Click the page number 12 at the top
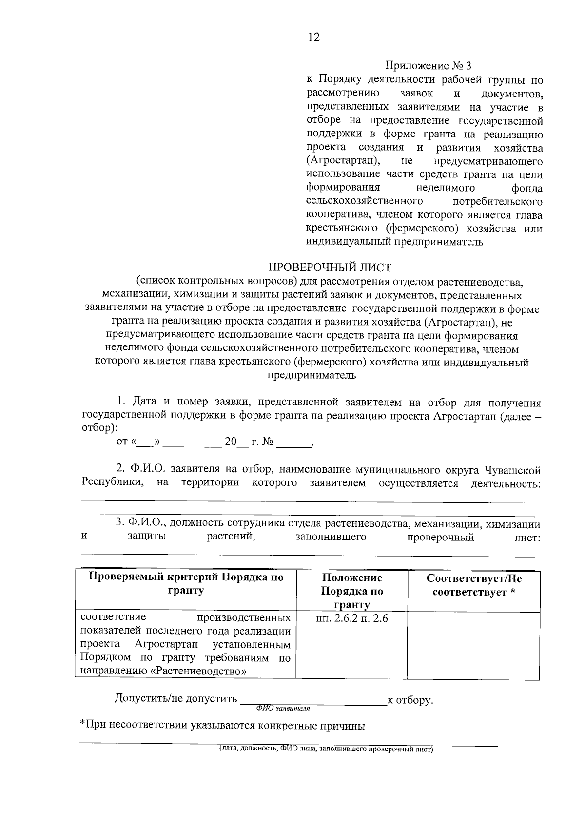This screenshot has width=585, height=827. tap(313, 38)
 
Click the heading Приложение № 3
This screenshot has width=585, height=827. tap(429, 66)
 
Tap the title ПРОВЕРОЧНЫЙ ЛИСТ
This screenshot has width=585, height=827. tap(330, 267)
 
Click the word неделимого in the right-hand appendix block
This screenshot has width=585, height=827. tap(446, 188)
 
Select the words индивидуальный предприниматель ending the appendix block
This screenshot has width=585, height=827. tap(394, 242)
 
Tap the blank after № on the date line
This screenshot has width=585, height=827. tap(294, 443)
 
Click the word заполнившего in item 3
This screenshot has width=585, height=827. tap(331, 538)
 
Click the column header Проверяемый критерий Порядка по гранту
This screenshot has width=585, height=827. tap(186, 584)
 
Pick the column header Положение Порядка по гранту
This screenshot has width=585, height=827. tap(352, 591)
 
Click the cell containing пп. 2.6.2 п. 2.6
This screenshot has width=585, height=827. tap(352, 618)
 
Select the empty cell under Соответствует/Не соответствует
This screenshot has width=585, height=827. tap(473, 645)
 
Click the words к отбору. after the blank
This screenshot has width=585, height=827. tap(409, 700)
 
